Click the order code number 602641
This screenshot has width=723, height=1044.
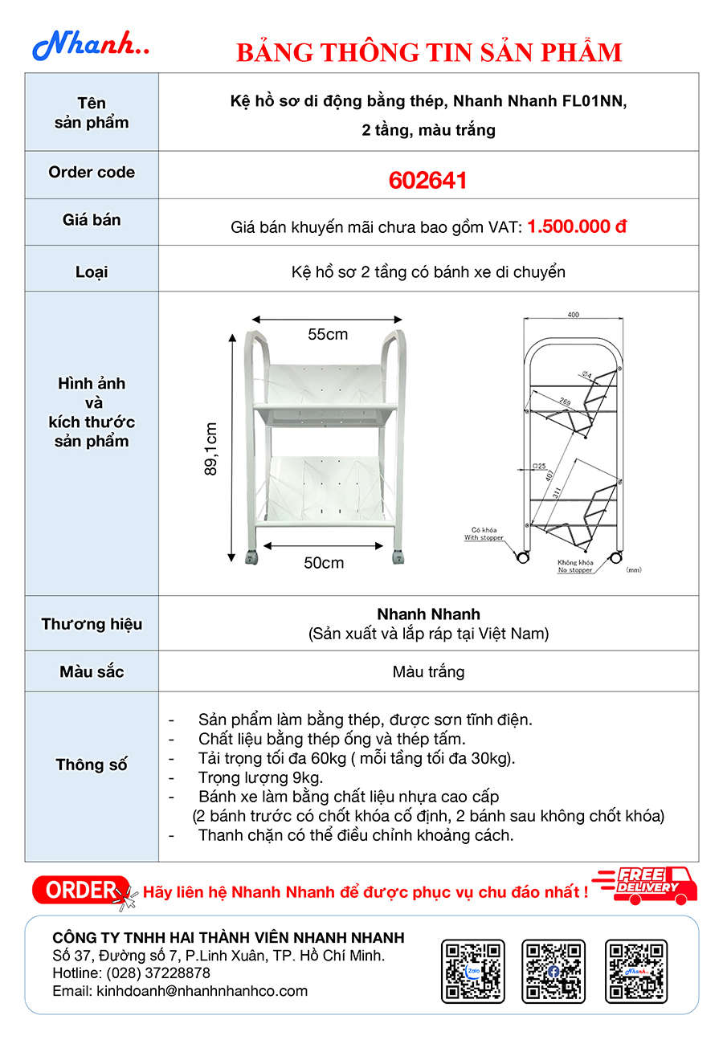tap(427, 181)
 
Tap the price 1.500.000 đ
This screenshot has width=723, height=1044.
tap(576, 226)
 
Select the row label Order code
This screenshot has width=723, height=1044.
tap(92, 173)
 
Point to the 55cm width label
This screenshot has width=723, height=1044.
tap(327, 334)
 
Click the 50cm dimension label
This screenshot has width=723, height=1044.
tap(324, 563)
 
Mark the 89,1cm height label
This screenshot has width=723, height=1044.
tap(211, 449)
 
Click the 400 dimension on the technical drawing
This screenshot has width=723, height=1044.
tap(573, 315)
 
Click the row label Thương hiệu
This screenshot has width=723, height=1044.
tap(92, 624)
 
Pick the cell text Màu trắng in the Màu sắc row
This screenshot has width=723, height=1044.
tap(428, 671)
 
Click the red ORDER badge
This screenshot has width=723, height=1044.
tap(81, 890)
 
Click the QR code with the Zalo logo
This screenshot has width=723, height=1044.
tap(473, 971)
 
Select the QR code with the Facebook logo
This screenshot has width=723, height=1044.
tap(553, 971)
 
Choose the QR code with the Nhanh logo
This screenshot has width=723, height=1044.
tap(636, 971)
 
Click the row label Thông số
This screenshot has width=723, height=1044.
tap(92, 765)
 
